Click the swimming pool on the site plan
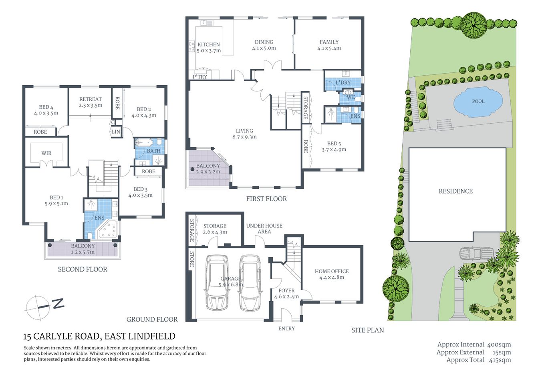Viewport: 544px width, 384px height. pyautogui.click(x=478, y=102)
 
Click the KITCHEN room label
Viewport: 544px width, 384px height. pyautogui.click(x=209, y=44)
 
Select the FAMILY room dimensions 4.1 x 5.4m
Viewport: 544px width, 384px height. pyautogui.click(x=329, y=48)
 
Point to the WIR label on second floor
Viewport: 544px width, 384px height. pyautogui.click(x=46, y=153)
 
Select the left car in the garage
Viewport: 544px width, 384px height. pyautogui.click(x=217, y=283)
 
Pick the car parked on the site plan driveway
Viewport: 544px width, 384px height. pyautogui.click(x=475, y=253)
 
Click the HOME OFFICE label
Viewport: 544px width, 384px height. pyautogui.click(x=332, y=271)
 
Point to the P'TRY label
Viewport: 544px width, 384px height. pyautogui.click(x=200, y=76)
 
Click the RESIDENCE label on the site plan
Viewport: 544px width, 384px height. pyautogui.click(x=455, y=191)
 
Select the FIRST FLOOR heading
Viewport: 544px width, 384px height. pyautogui.click(x=266, y=199)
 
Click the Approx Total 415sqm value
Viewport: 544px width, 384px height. pyautogui.click(x=500, y=360)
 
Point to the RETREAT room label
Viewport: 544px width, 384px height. pyautogui.click(x=91, y=99)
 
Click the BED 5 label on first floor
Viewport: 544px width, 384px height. pyautogui.click(x=334, y=144)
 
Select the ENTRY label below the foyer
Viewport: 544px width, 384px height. pyautogui.click(x=286, y=328)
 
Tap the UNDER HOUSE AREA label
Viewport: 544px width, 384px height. pyautogui.click(x=264, y=228)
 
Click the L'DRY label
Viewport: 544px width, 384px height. pyautogui.click(x=343, y=82)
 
